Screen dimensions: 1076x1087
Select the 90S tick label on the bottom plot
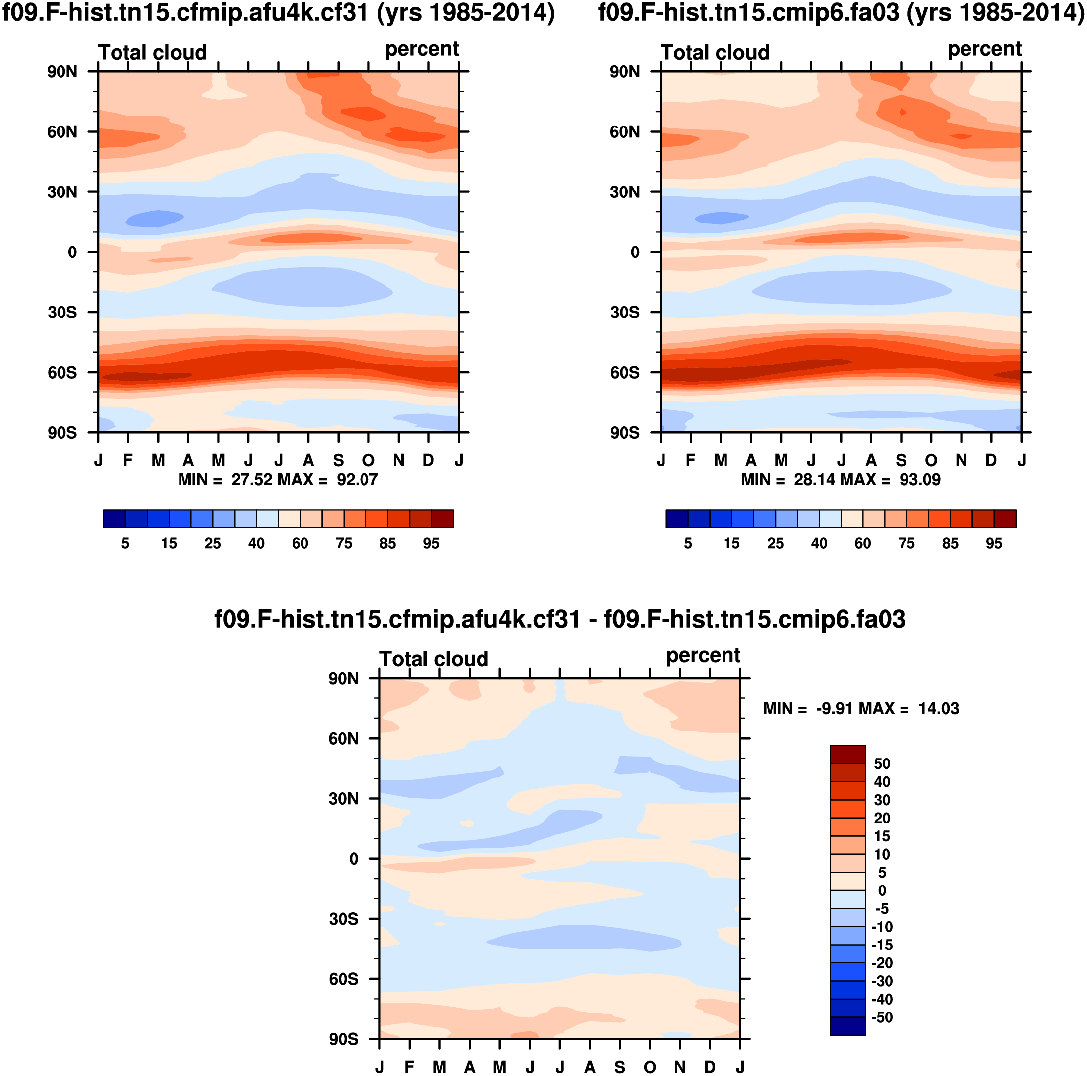(x=343, y=1039)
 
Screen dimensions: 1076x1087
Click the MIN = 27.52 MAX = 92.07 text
(x=278, y=480)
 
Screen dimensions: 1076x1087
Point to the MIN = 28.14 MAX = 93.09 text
(x=841, y=480)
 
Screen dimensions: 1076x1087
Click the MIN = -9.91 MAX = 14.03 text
(x=861, y=708)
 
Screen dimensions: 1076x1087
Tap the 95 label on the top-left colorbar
(x=431, y=543)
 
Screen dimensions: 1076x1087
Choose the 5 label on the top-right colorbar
(x=687, y=543)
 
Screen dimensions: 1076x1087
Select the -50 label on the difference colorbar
(x=882, y=1017)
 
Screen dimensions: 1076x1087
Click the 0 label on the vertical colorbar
(x=882, y=890)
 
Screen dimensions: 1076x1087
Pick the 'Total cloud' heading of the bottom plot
(x=434, y=659)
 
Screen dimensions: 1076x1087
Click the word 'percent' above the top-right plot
(x=984, y=49)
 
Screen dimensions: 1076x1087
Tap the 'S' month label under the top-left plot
(x=338, y=460)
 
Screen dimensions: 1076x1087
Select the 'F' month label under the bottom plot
(x=409, y=1067)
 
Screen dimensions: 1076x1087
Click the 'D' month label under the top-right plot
(x=991, y=460)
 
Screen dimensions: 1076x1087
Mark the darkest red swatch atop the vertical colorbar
(x=847, y=754)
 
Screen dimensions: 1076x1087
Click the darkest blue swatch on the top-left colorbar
(x=114, y=518)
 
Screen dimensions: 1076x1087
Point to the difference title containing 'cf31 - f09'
(x=560, y=619)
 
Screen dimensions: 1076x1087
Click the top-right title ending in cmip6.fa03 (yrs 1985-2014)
(x=841, y=12)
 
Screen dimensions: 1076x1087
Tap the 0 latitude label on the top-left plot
(x=72, y=252)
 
